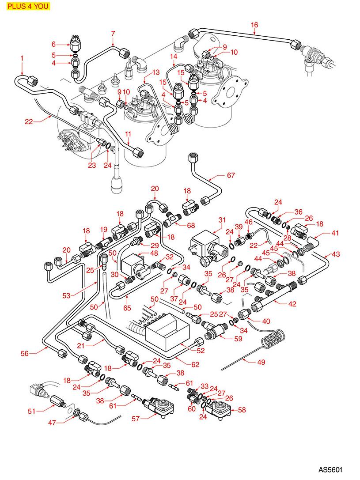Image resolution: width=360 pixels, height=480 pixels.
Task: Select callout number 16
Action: pyautogui.click(x=254, y=24)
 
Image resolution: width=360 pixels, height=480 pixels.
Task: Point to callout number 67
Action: pyautogui.click(x=231, y=176)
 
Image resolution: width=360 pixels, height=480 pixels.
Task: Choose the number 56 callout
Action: pyautogui.click(x=25, y=353)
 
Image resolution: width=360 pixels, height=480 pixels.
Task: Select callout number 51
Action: pyautogui.click(x=31, y=411)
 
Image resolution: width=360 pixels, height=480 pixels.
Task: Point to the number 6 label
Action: pyautogui.click(x=53, y=44)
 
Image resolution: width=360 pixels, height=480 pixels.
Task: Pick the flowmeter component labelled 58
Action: pyautogui.click(x=220, y=407)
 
